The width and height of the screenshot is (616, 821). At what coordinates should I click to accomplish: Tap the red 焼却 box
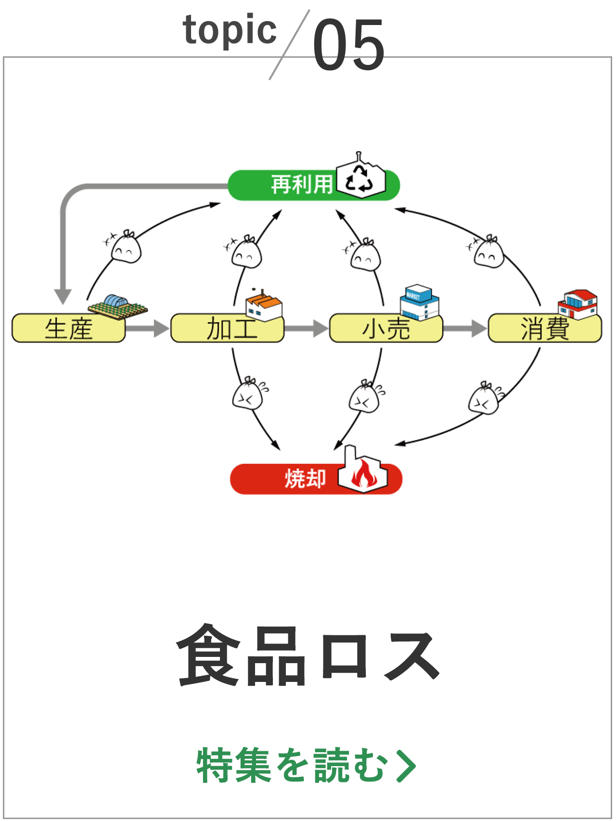[289, 479]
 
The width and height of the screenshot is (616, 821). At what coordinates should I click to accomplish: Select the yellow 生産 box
[68, 329]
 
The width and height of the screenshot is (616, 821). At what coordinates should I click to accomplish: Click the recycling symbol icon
[360, 180]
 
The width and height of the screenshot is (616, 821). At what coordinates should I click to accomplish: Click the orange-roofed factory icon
[264, 306]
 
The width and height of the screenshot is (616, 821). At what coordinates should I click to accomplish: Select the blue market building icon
[419, 302]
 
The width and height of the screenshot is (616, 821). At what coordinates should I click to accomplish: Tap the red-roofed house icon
[578, 304]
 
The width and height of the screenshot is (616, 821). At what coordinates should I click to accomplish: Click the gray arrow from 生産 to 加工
[147, 329]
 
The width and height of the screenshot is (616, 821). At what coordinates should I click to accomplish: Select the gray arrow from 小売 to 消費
[464, 329]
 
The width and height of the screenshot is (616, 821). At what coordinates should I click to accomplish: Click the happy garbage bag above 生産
[126, 247]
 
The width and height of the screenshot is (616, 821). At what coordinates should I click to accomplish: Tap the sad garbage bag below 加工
[248, 394]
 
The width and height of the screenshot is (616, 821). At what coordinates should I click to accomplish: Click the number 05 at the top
[349, 44]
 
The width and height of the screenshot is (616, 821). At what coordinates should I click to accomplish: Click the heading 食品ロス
[308, 655]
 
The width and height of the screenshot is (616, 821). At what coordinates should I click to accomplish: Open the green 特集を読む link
[306, 765]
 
